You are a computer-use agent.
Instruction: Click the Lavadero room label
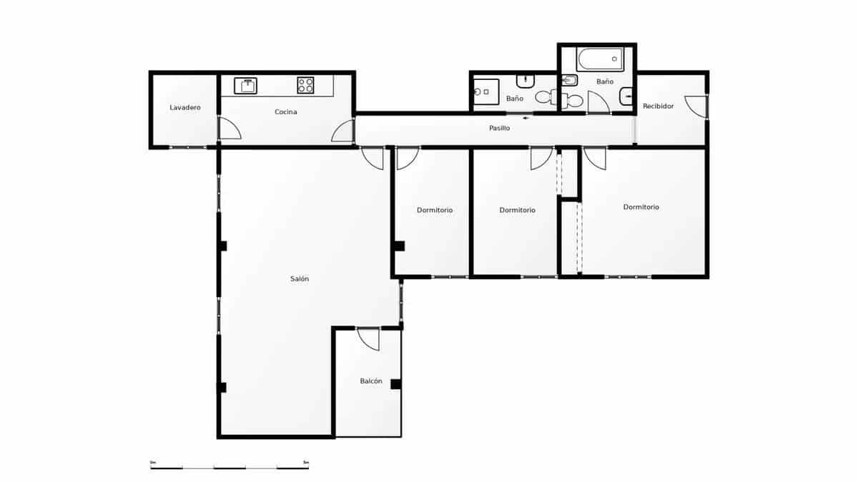click(x=184, y=108)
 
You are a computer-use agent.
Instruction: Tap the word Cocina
click(x=285, y=112)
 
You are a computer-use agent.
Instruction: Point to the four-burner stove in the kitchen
click(x=306, y=86)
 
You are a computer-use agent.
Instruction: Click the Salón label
click(x=300, y=279)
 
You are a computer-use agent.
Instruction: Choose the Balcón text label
click(x=370, y=381)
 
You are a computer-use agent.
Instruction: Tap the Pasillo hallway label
click(x=499, y=129)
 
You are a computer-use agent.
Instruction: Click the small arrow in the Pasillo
click(x=527, y=118)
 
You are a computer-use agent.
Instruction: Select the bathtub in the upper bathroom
click(x=600, y=59)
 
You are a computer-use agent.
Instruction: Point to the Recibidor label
click(x=658, y=106)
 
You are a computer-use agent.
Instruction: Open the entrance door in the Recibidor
click(x=696, y=106)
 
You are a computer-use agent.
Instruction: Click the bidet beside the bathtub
click(x=570, y=80)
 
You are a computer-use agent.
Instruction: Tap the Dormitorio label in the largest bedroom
click(x=641, y=207)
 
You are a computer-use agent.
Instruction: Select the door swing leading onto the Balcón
click(x=369, y=338)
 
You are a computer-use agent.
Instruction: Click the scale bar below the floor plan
click(x=230, y=467)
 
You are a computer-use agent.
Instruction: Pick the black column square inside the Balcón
click(x=395, y=384)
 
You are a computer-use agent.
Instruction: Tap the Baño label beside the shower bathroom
click(x=514, y=99)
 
